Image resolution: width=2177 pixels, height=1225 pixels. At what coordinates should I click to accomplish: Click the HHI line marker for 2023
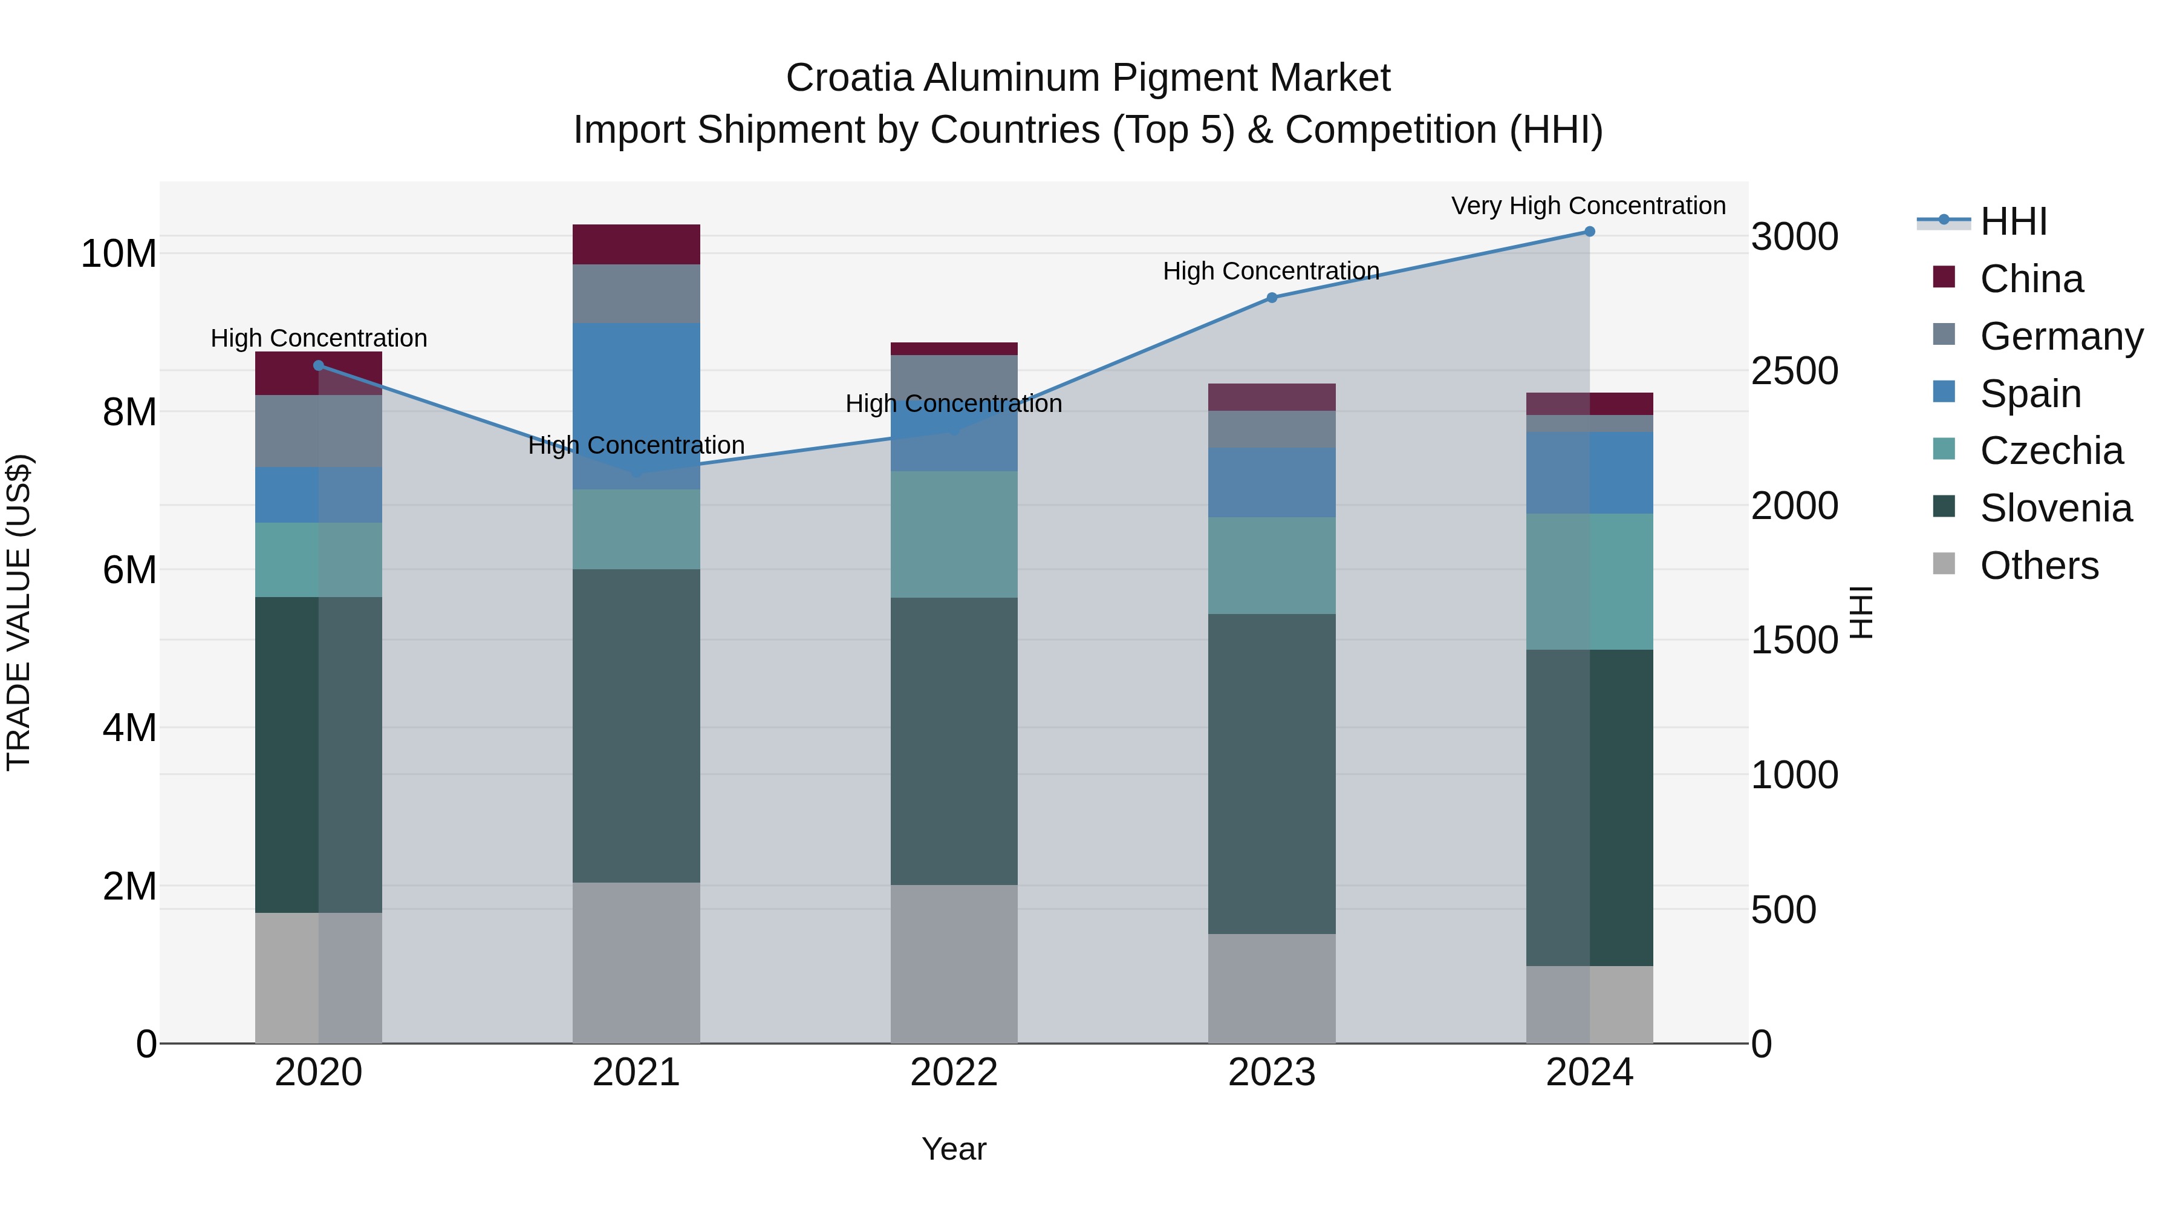1271,298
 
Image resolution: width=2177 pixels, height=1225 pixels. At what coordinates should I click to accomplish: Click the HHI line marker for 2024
1589,232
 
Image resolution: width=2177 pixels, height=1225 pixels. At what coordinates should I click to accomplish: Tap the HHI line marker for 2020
319,365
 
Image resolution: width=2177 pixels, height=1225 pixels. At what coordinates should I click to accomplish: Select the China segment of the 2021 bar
636,244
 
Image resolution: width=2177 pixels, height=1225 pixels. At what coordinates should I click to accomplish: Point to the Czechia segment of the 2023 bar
1271,565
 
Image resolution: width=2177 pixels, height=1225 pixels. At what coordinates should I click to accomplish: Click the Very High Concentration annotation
1588,206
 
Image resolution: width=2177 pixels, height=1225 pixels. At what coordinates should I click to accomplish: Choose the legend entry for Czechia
2051,451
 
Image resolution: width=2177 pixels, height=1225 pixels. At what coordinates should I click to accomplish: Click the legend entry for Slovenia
2055,508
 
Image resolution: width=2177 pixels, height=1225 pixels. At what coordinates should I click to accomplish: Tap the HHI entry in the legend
2013,221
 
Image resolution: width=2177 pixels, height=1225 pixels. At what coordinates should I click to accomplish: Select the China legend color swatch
1944,277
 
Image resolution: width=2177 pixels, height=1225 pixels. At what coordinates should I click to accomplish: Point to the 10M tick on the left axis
119,253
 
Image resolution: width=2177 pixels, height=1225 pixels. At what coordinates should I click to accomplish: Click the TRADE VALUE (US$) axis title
19,612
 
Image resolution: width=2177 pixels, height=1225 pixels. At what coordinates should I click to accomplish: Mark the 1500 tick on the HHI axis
1794,640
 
